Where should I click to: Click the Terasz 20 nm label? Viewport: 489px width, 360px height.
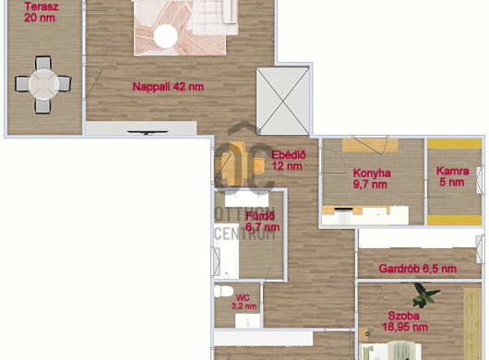coord(42,12)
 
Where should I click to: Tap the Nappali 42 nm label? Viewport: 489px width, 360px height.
coord(168,87)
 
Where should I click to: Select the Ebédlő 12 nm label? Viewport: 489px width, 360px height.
coord(289,161)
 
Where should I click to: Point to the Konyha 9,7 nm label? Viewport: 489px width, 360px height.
coord(372,179)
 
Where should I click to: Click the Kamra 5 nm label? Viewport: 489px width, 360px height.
coord(452,176)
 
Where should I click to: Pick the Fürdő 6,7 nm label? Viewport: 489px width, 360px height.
coord(262,222)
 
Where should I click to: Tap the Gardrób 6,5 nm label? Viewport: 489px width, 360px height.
coord(418,269)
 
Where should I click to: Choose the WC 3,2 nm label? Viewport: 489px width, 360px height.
coord(244,302)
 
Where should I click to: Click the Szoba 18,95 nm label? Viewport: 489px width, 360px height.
coord(405,321)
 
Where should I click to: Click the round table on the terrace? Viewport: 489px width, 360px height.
coord(44,84)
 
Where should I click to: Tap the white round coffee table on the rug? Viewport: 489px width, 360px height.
coord(165,37)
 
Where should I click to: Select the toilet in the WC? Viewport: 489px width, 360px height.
coord(223,292)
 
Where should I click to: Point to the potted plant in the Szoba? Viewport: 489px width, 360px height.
coord(424,294)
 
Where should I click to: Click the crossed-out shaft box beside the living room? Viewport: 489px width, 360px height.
coord(282,101)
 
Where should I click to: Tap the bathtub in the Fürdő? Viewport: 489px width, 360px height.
coord(226,251)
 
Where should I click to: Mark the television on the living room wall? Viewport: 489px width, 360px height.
coord(148,133)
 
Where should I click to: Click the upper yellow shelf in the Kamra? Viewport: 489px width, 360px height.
coord(454,144)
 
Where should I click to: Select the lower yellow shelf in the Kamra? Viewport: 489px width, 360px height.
coord(454,220)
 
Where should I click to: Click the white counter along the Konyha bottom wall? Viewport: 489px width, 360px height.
coord(365,216)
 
